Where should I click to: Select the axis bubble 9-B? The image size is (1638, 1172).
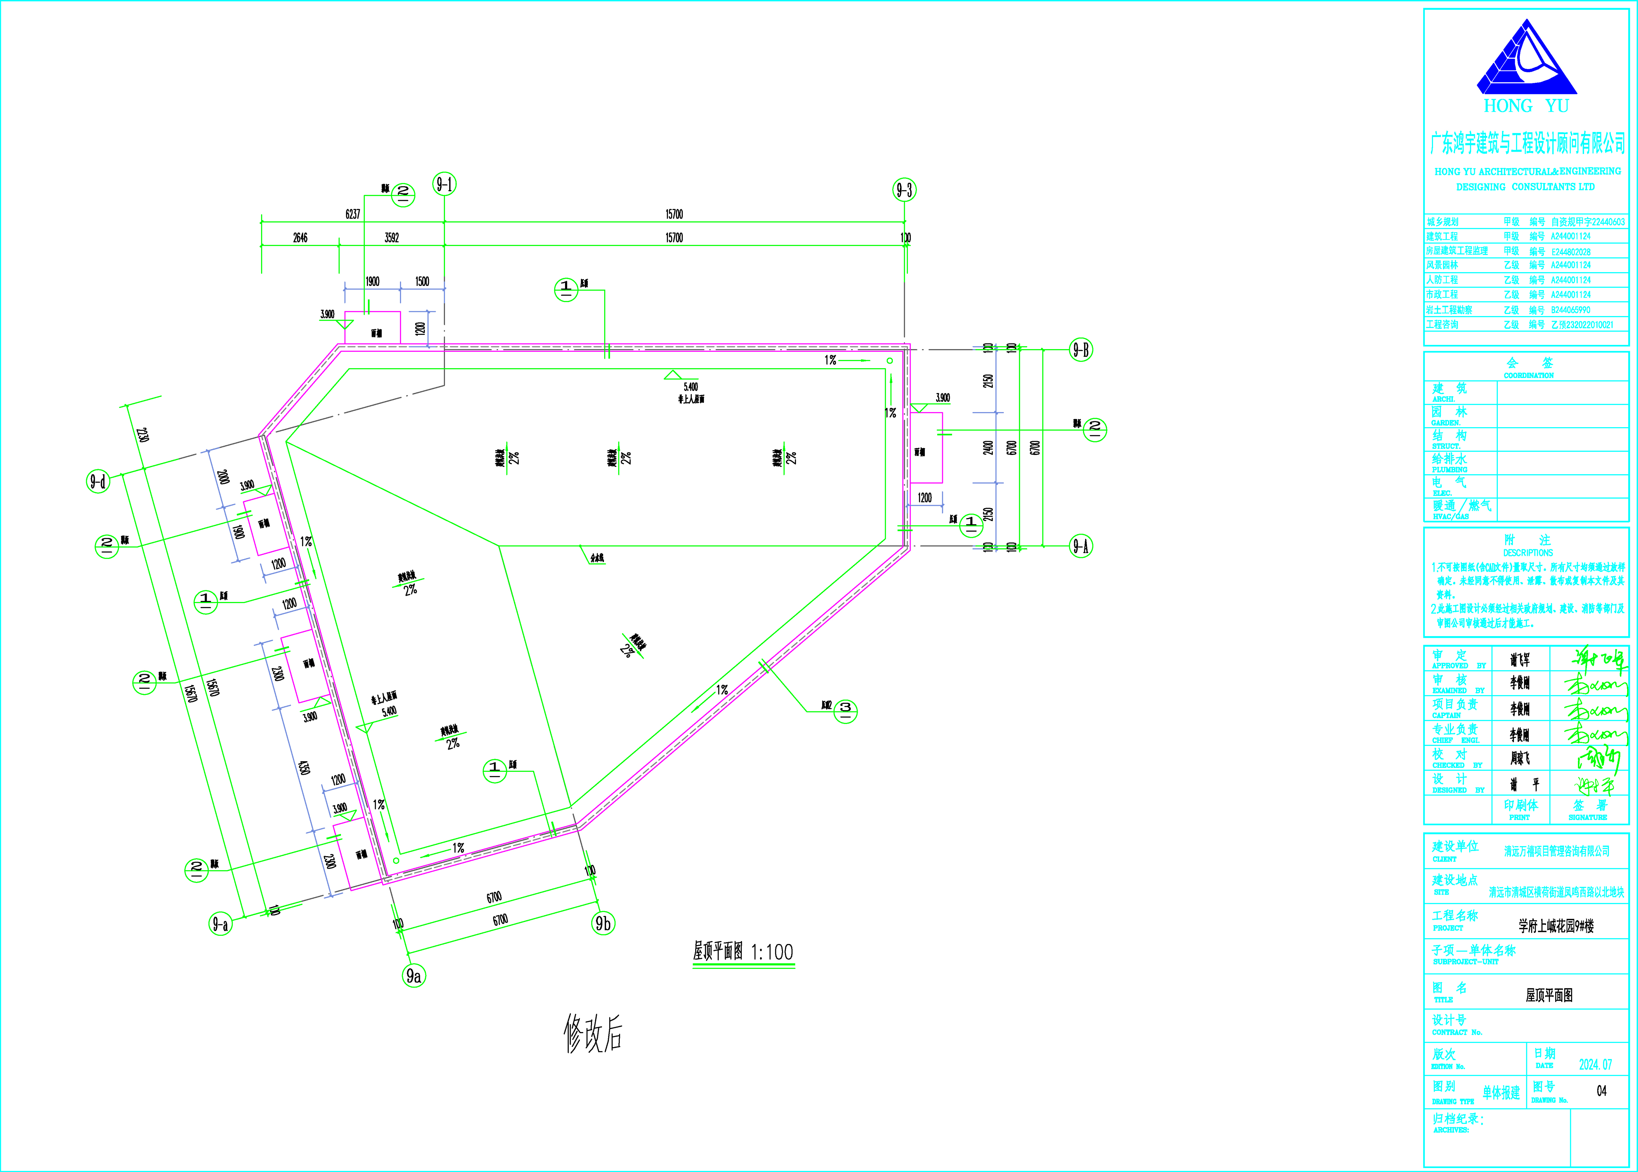(1080, 350)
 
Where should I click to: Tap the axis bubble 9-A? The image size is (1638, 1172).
(1080, 546)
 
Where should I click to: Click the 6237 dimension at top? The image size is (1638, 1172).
(352, 214)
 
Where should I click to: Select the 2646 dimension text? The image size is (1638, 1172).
(300, 237)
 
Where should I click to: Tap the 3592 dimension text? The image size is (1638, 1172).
(392, 237)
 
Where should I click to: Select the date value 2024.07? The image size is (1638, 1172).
(1595, 1065)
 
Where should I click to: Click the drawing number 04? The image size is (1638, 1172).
(1601, 1091)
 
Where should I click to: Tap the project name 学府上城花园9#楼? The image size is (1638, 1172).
(1556, 926)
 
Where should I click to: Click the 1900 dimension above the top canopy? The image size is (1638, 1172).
(372, 281)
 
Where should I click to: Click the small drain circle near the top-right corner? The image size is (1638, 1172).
(890, 360)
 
